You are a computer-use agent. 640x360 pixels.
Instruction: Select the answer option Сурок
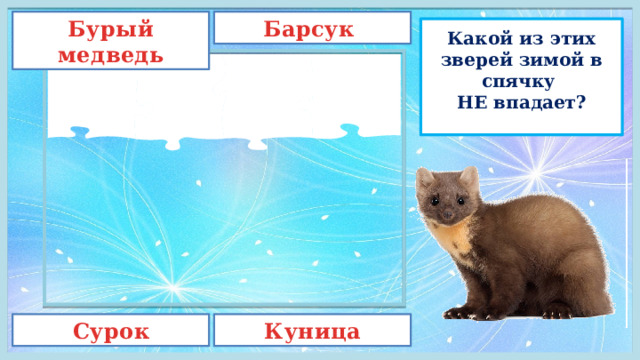[x=112, y=331]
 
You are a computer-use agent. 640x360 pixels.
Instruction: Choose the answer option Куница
[x=312, y=331]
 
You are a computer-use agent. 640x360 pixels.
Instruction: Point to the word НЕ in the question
[x=463, y=101]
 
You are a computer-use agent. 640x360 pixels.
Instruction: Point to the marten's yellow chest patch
[x=455, y=240]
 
